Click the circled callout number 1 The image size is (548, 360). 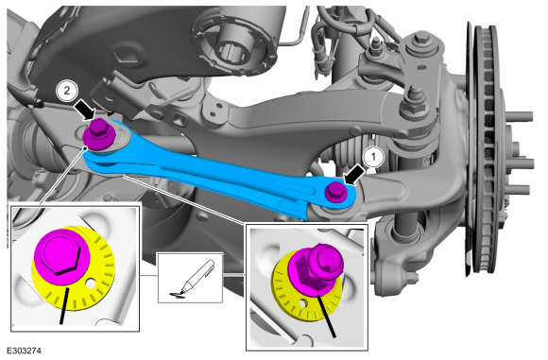373,157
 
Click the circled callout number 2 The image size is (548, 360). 66,91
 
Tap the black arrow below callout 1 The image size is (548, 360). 354,176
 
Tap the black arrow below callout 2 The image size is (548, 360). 85,109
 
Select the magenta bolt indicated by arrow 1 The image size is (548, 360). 335,192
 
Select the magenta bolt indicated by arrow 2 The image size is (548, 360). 100,135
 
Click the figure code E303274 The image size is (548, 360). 24,351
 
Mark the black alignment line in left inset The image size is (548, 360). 64,306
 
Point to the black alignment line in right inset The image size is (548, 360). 327,317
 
